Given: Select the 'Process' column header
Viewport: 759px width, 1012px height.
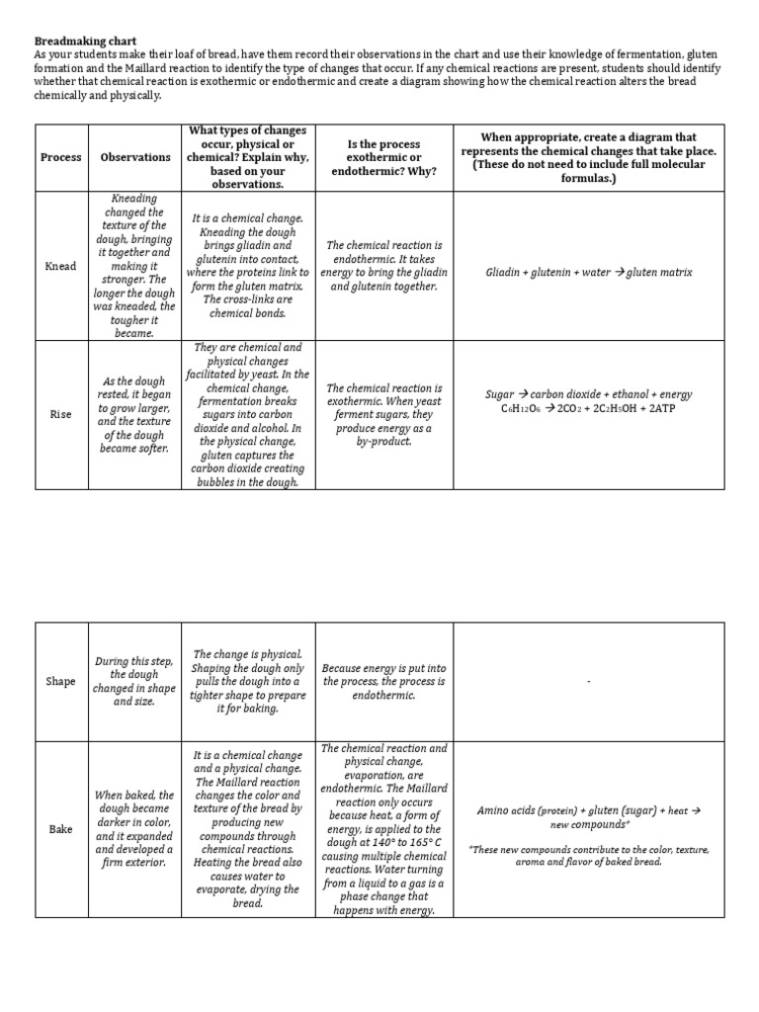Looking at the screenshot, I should coord(60,158).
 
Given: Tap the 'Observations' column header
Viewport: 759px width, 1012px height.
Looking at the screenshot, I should coord(135,158).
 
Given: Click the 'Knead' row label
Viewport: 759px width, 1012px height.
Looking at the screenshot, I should coord(60,267).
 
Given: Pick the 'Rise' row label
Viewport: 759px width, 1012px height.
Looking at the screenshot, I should coord(60,415).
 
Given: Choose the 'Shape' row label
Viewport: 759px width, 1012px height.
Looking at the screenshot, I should coord(60,682).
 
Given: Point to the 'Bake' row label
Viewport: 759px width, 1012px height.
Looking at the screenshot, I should coord(60,829).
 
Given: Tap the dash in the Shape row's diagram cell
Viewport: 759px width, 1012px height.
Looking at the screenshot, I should coord(588,682).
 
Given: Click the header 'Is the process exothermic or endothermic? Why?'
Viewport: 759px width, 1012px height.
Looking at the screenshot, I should coord(383,158).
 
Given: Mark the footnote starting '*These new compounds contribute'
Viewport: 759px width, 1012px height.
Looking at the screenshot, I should coord(588,856).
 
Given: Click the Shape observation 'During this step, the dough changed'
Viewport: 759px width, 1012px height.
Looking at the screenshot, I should coord(134,682).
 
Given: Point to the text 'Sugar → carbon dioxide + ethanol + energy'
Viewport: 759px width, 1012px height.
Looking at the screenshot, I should coord(588,393).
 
